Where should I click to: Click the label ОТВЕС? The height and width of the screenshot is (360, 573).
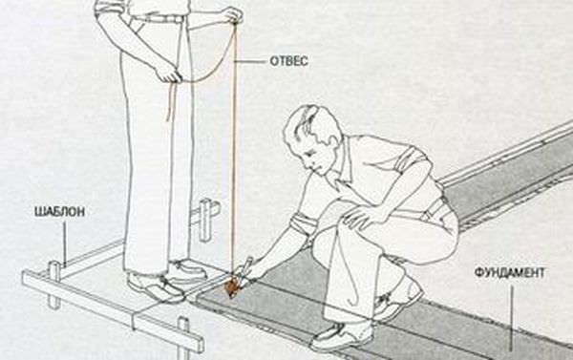288,61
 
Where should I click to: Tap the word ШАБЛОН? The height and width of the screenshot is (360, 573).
59,212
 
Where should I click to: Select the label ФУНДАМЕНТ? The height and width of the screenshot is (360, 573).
509,273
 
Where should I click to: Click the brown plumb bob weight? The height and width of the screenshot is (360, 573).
230,287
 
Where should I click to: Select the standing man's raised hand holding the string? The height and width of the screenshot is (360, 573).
232,15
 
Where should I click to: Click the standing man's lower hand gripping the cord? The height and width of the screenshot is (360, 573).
169,74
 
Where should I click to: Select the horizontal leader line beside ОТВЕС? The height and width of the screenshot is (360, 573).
250,62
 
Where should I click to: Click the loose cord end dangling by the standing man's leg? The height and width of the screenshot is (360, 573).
171,101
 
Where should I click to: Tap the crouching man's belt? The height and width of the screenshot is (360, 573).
435,209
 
